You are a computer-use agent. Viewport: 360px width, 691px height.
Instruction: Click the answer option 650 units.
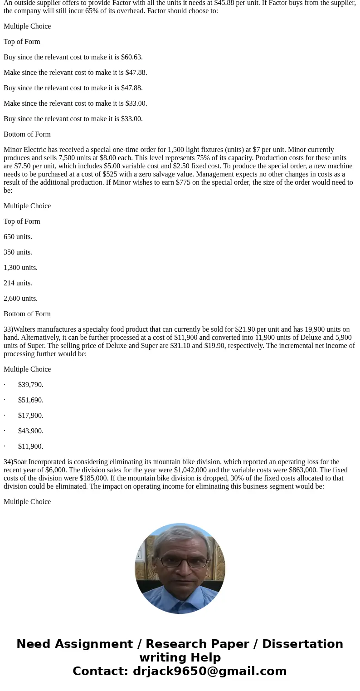click(x=18, y=237)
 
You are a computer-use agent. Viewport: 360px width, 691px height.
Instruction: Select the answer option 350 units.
click(x=18, y=252)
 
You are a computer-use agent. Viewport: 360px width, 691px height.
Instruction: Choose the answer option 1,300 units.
click(x=20, y=268)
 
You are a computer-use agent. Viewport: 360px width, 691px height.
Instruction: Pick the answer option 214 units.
click(x=18, y=283)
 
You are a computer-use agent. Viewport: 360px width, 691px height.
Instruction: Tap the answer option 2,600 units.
click(x=20, y=299)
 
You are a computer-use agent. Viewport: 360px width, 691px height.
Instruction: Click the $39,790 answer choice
click(x=30, y=385)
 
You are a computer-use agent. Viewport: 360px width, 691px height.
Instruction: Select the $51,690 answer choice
click(x=30, y=400)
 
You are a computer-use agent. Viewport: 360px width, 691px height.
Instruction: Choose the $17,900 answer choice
click(x=30, y=416)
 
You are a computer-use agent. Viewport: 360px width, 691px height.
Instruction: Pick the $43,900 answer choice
click(x=30, y=431)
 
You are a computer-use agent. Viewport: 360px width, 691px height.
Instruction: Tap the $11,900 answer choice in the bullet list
click(x=30, y=446)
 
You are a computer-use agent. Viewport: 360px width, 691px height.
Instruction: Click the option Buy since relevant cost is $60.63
click(x=73, y=57)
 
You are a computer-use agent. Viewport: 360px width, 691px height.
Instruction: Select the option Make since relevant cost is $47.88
click(x=75, y=73)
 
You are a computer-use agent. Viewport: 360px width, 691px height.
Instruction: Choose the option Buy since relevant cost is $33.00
click(x=73, y=119)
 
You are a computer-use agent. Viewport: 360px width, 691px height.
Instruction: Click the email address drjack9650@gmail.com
click(x=209, y=671)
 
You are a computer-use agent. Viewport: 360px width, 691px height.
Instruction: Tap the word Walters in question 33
click(x=26, y=329)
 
